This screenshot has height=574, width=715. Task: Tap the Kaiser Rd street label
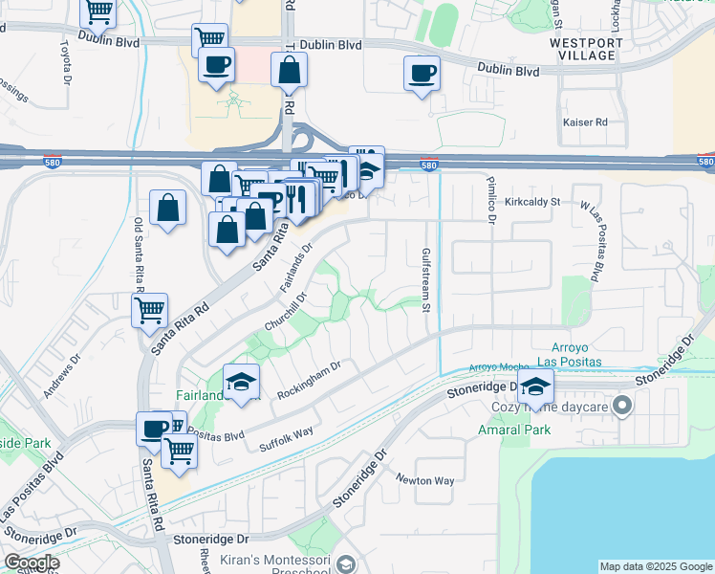[x=586, y=122]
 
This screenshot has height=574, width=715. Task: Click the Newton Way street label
[x=425, y=480]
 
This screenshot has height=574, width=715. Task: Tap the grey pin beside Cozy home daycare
[x=622, y=407]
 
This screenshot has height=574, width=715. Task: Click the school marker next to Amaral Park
[x=535, y=387]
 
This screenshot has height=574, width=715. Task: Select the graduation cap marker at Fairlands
[x=242, y=382]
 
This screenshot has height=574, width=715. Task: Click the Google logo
[x=32, y=563]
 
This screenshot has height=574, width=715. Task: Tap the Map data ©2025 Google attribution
[x=655, y=566]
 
